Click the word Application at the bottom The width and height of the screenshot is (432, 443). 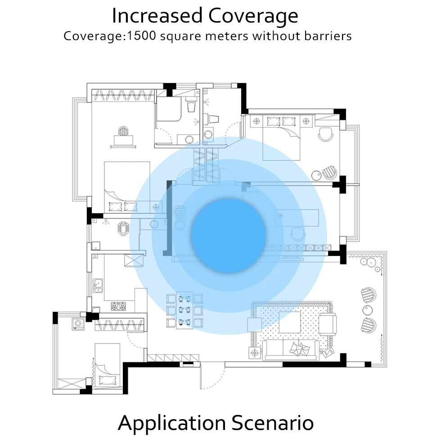171,423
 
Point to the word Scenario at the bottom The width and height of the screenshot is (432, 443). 273,423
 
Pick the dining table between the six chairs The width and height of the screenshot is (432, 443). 184,311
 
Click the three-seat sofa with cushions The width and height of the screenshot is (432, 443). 297,350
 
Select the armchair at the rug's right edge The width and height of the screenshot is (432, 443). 327,323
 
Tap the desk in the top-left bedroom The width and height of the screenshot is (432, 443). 123,140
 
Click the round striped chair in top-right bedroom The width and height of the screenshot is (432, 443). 330,172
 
